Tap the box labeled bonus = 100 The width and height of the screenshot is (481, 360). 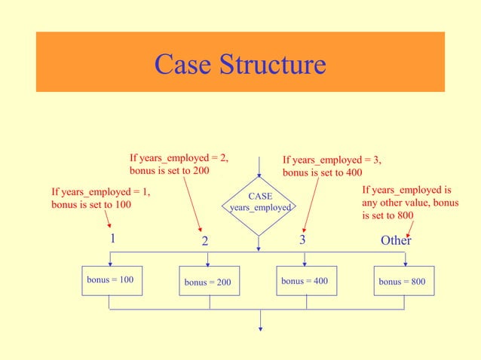tap(110, 280)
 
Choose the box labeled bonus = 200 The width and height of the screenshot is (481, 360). tap(208, 282)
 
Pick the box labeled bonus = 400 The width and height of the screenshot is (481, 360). tap(305, 280)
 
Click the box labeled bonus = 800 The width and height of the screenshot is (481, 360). tap(403, 282)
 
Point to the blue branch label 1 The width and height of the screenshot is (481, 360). tap(112, 239)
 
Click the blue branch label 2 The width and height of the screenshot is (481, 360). tap(204, 242)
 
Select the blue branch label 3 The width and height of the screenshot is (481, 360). tap(302, 240)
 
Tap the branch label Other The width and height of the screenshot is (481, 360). tap(396, 240)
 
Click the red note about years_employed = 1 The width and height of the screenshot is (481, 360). tap(100, 198)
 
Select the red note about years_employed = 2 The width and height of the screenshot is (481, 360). tap(179, 165)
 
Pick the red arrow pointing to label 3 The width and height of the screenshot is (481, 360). tap(311, 203)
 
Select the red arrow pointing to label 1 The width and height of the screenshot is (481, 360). tap(108, 220)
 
